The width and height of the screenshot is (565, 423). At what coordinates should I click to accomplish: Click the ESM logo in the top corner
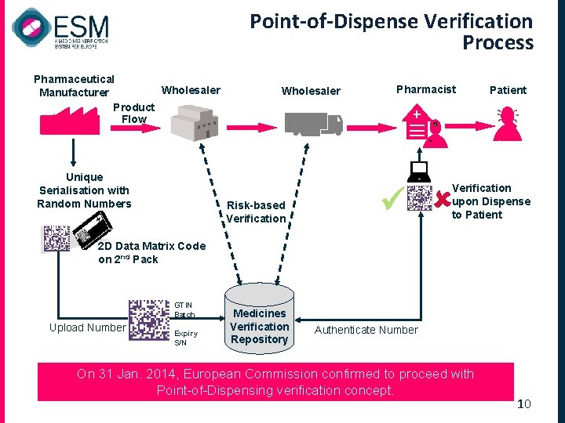tap(60, 29)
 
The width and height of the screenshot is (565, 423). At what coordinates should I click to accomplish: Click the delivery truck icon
tap(313, 124)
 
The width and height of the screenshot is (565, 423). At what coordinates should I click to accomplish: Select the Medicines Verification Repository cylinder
tap(260, 317)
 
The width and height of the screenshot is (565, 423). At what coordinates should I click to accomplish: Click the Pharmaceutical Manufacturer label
tap(74, 85)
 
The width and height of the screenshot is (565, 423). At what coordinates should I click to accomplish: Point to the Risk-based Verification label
tap(256, 211)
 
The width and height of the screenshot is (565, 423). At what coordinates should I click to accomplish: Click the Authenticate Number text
tap(366, 330)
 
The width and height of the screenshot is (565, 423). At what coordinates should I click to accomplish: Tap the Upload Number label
tap(87, 327)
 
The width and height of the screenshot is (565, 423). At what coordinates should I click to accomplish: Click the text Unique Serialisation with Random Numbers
tap(84, 190)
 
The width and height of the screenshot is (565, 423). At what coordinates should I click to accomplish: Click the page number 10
tap(524, 403)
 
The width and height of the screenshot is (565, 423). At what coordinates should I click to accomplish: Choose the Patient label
tap(508, 90)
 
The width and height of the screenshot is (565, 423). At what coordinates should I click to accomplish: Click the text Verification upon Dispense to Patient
tap(490, 201)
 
